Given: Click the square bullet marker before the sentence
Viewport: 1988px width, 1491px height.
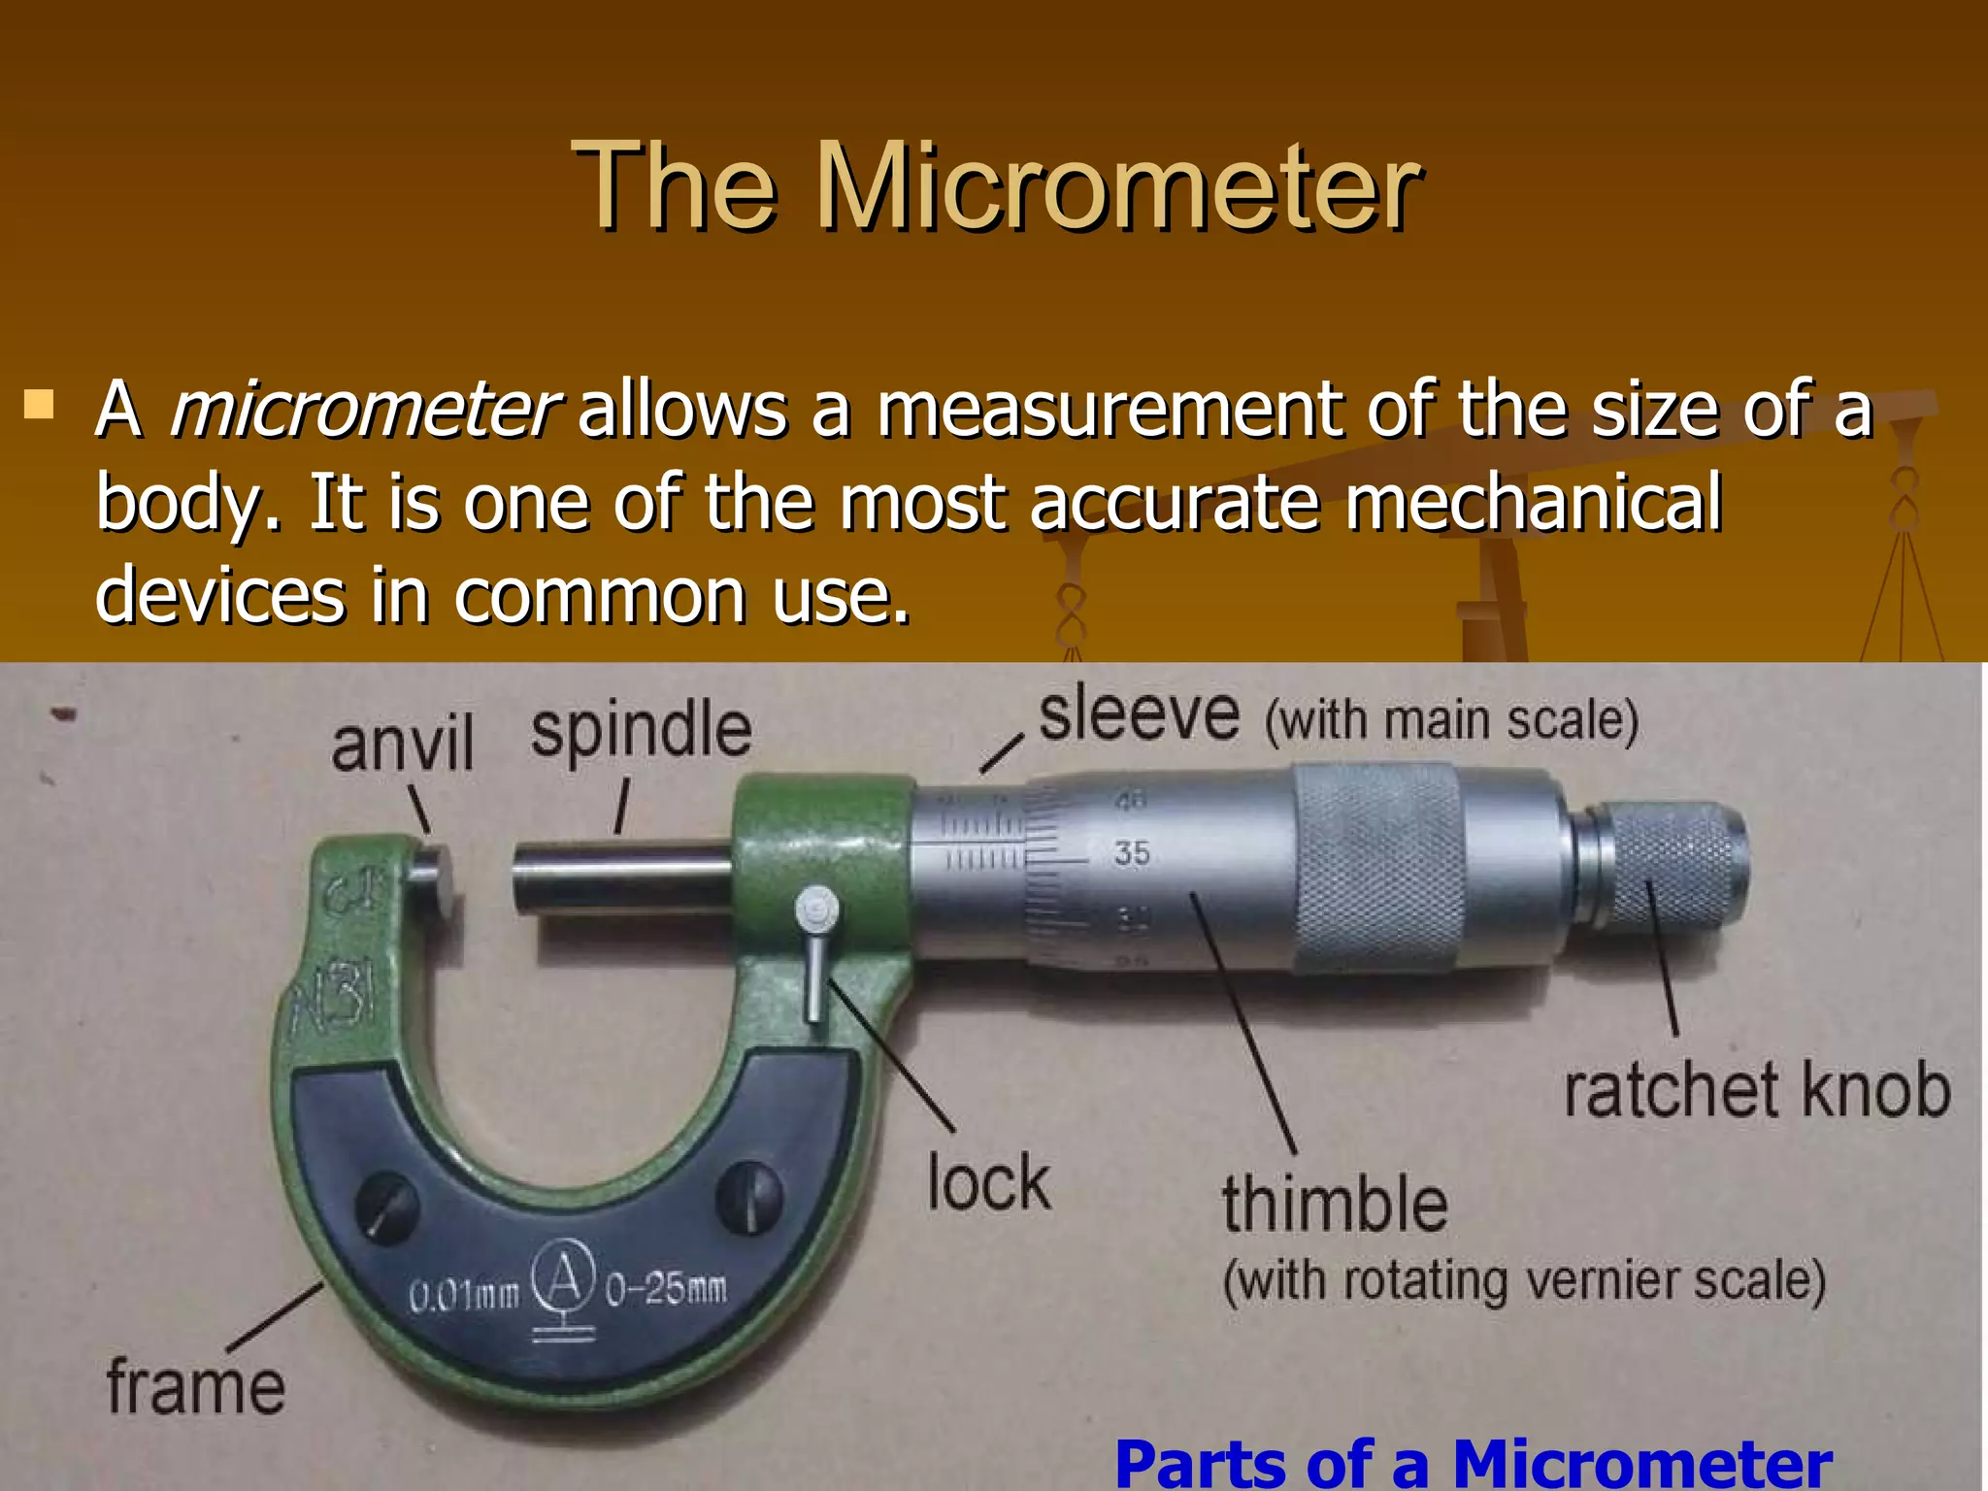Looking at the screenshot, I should (x=39, y=403).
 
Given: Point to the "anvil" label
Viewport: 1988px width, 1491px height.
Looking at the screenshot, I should (x=402, y=744).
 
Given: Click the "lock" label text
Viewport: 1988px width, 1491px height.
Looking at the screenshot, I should (x=988, y=1182).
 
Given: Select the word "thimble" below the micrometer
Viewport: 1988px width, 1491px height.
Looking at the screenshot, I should (x=1335, y=1204).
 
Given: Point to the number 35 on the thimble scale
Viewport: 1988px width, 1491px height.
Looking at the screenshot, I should (x=1132, y=853).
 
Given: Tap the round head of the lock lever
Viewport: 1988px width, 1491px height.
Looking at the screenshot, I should (x=816, y=910).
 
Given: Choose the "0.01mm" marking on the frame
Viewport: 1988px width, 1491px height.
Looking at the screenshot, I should (x=464, y=1296).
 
